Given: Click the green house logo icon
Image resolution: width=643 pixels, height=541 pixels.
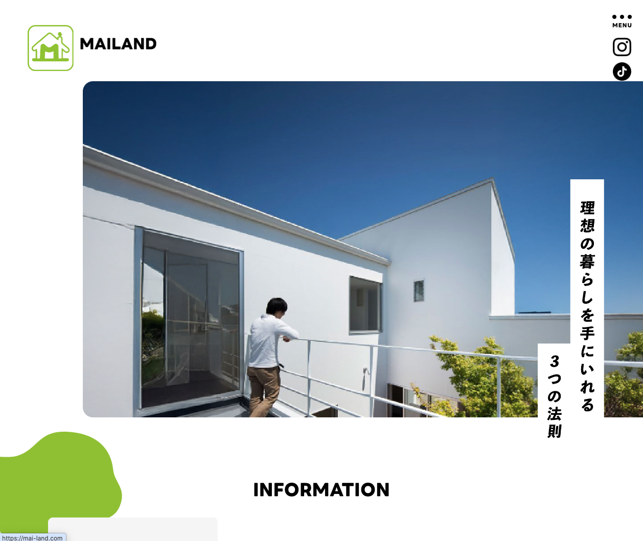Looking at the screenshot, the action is [x=51, y=48].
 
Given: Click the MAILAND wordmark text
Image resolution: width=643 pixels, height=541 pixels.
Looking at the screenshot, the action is [x=118, y=44].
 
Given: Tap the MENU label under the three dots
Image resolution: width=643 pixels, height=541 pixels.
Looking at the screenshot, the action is [x=622, y=25].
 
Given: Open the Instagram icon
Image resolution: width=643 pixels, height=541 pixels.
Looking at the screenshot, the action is [x=622, y=47].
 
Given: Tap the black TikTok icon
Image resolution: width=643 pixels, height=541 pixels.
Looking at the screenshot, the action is [x=622, y=72].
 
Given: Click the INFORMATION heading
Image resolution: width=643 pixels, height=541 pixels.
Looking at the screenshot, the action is [x=321, y=490].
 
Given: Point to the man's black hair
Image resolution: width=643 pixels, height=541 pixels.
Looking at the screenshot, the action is [x=277, y=305].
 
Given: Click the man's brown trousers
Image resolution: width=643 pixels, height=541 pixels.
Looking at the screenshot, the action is [x=263, y=391].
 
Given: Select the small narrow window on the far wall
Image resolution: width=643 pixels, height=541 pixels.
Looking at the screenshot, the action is [x=419, y=291].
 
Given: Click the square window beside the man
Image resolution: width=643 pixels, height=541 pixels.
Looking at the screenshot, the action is [x=365, y=305].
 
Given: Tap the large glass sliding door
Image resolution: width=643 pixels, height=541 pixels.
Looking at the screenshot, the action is [x=189, y=319].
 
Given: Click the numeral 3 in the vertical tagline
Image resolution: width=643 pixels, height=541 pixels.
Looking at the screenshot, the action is [x=555, y=362].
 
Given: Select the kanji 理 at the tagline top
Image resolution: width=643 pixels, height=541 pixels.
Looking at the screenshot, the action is [x=587, y=208].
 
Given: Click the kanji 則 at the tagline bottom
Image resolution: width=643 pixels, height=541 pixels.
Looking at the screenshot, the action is [x=555, y=431].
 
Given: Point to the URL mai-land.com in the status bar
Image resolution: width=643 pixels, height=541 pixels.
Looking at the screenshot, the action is [x=32, y=538].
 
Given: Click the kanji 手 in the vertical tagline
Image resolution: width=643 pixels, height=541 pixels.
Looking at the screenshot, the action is [x=587, y=333].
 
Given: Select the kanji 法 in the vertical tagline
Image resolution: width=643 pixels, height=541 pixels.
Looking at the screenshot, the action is [x=555, y=413].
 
